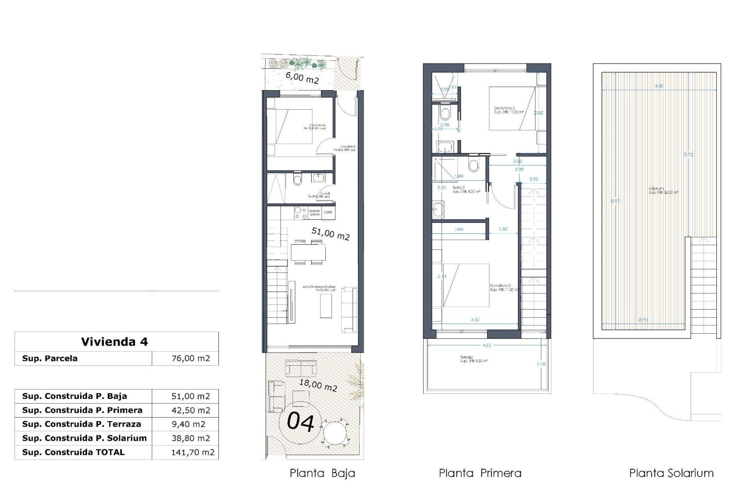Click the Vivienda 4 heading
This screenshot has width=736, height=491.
tap(114, 342)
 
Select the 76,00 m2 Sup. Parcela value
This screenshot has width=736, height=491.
tap(191, 358)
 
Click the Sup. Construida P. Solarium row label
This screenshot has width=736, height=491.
tap(84, 438)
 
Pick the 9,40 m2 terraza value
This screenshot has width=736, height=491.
tap(188, 424)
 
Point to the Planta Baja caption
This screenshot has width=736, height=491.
tap(322, 473)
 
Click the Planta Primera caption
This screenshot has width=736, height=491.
tap(480, 473)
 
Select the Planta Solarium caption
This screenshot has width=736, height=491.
tap(671, 473)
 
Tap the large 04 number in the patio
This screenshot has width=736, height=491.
tap(301, 422)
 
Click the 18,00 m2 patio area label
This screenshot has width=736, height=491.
tap(318, 384)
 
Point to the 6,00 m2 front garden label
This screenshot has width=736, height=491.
tap(302, 78)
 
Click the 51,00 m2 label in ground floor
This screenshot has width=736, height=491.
tap(330, 234)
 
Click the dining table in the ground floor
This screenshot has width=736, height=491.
tap(308, 252)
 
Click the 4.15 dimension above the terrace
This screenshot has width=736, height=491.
tap(487, 345)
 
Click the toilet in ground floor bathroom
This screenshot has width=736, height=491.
tap(297, 179)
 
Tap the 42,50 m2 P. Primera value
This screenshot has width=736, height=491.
tap(191, 410)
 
